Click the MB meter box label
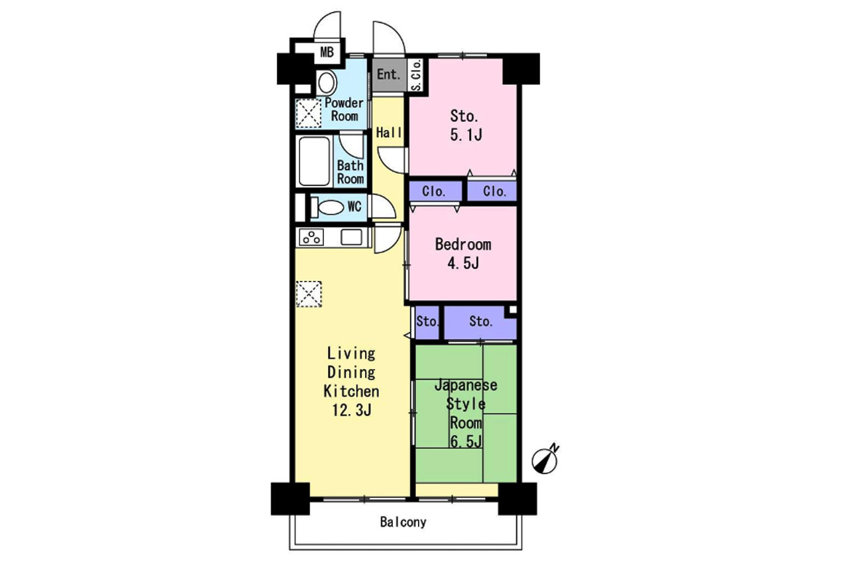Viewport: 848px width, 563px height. click(327, 52)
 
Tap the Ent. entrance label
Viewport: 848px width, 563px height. click(389, 74)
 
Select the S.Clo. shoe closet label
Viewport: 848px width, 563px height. click(416, 75)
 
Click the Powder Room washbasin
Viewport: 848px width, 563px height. click(327, 83)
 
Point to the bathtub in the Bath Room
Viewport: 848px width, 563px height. click(314, 161)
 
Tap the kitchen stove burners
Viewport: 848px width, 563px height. click(311, 237)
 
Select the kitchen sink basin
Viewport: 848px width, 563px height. click(351, 237)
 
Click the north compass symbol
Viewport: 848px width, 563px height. click(545, 460)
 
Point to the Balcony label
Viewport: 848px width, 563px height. click(403, 522)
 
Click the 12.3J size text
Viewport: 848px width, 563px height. click(352, 410)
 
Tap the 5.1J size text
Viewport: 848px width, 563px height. click(466, 135)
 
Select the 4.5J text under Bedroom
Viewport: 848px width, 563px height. click(463, 263)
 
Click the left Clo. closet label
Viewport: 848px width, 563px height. click(433, 191)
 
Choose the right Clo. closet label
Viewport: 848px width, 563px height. click(494, 191)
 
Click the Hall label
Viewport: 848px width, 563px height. click(389, 132)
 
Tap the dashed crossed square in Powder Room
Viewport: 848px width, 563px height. click(308, 113)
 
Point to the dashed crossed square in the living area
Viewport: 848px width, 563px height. click(309, 294)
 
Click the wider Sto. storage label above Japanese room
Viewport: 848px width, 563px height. click(481, 322)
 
